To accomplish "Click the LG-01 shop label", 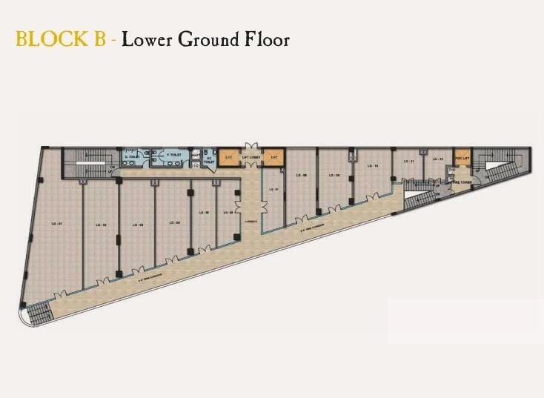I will tap(56, 223).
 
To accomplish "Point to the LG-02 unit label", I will tap(101, 224).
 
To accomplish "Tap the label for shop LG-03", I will tap(137, 224).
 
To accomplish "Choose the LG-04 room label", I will tap(173, 223).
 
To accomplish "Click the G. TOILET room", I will tap(133, 157).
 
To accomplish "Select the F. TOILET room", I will tap(173, 156).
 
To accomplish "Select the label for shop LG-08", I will tap(302, 176).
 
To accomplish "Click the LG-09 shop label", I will tap(334, 176).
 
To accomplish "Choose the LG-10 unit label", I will tap(373, 166).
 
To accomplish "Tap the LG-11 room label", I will tap(408, 160).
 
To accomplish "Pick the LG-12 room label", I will tap(437, 159).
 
